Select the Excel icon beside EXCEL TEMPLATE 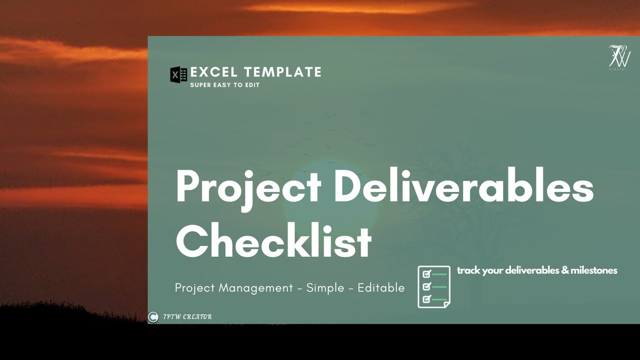pos(179,75)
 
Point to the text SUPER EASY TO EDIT pos(225,85)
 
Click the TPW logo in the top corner pos(620,58)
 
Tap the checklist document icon pos(434,286)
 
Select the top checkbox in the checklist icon pos(426,274)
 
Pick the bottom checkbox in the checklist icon pos(426,299)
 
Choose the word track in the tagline pos(468,271)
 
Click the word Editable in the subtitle pos(381,288)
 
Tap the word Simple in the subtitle pos(326,288)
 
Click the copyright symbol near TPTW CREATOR pos(153,317)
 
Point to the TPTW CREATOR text pos(188,317)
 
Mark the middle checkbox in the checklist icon pos(426,287)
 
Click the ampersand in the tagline pos(565,271)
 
